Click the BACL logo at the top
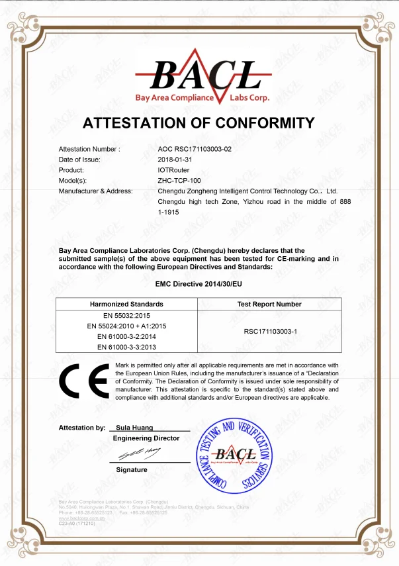[199, 78]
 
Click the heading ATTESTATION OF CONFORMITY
[199, 123]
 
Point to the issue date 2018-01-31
[175, 160]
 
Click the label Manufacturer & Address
[95, 191]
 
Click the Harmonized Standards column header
[126, 305]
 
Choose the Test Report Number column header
[269, 305]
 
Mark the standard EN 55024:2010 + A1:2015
[126, 326]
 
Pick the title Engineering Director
[146, 438]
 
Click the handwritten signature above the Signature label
[140, 453]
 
